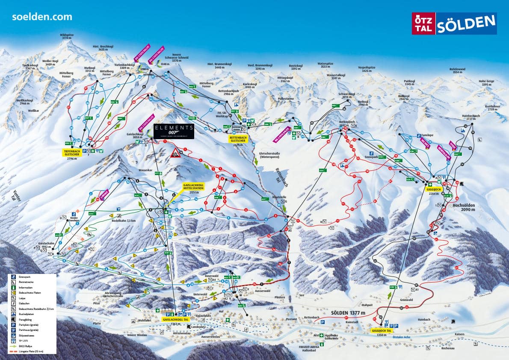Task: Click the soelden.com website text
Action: click(x=42, y=17)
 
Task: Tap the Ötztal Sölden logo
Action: click(x=454, y=24)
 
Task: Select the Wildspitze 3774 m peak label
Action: click(x=66, y=36)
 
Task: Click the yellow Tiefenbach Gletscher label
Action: click(x=71, y=153)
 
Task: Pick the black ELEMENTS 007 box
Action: click(x=174, y=131)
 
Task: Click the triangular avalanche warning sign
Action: click(x=175, y=154)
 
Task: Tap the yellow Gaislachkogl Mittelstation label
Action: click(x=194, y=188)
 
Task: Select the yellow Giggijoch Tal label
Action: click(x=382, y=331)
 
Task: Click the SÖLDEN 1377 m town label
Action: click(x=348, y=313)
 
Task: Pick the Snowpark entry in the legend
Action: click(x=26, y=277)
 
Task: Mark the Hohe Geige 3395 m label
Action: click(x=486, y=83)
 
